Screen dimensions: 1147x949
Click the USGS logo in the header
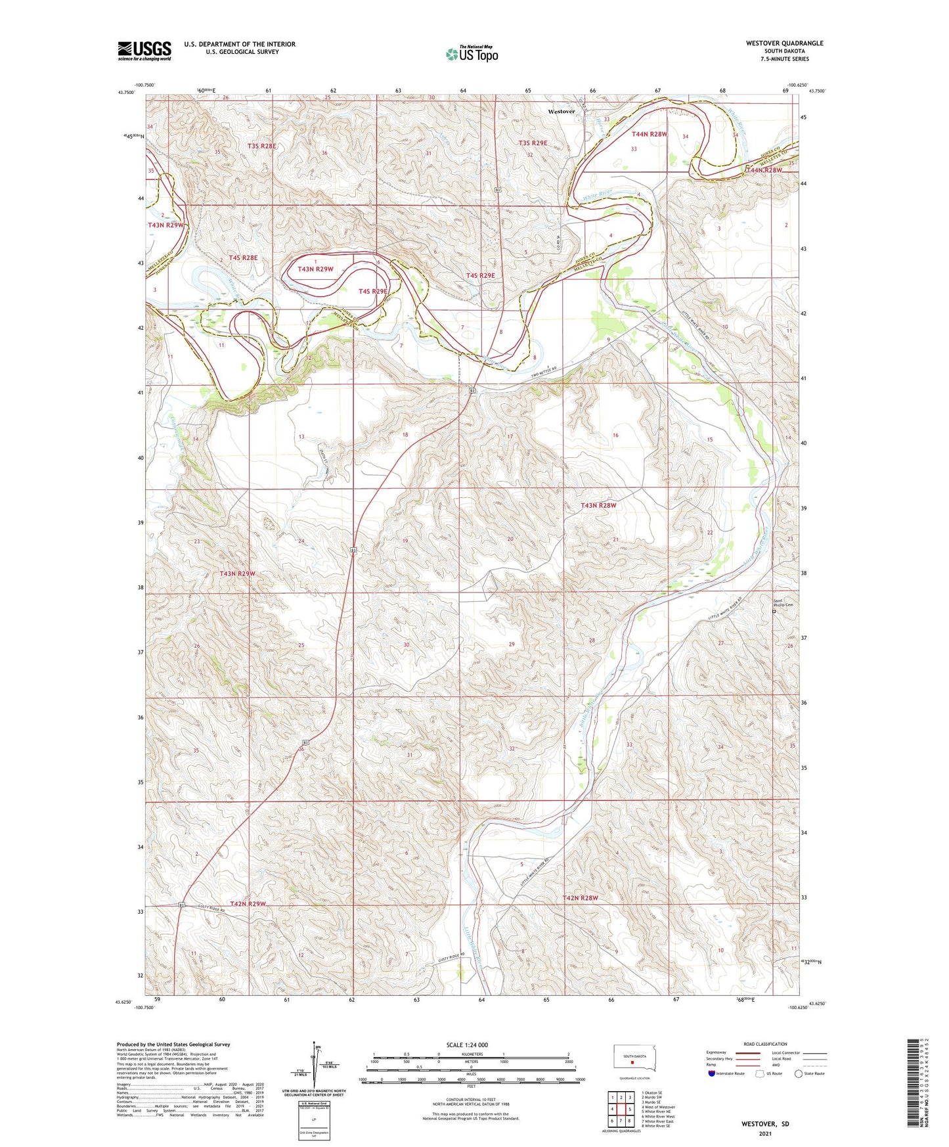click(144, 51)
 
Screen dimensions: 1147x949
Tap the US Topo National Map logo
click(472, 53)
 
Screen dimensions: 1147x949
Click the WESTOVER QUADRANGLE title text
click(784, 43)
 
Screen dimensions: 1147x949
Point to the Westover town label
click(561, 112)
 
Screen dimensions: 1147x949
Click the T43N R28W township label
click(598, 505)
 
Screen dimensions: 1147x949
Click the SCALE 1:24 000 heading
click(467, 1045)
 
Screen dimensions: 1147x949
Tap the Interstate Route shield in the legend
click(712, 1073)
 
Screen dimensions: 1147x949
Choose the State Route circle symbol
click(799, 1073)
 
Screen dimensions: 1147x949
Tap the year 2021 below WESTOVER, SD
click(764, 1133)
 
